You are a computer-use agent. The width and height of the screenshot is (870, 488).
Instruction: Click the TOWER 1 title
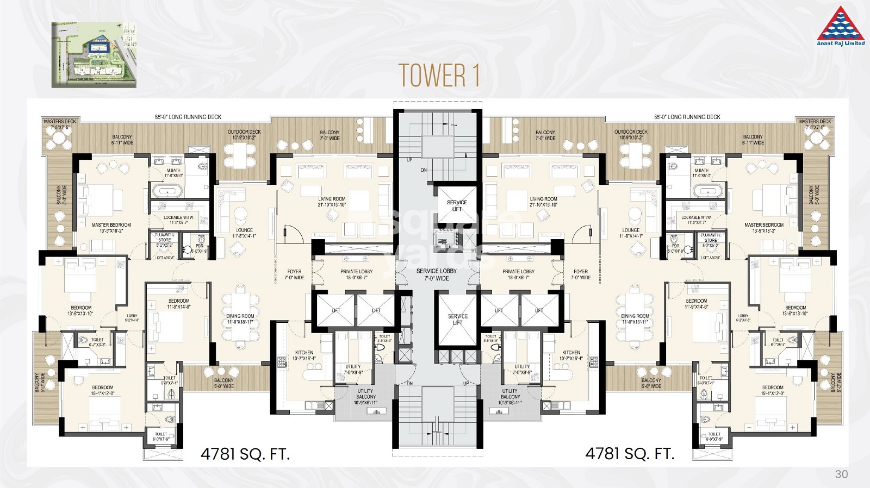click(x=438, y=76)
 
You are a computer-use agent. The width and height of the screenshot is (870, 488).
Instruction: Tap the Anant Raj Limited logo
click(x=841, y=26)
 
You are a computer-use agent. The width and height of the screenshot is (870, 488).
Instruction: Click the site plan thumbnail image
click(x=94, y=55)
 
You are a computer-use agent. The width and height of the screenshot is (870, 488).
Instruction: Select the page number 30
click(x=841, y=474)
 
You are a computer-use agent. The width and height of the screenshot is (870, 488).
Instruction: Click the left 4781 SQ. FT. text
click(x=245, y=454)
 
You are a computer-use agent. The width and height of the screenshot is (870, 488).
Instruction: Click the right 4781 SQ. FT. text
click(x=630, y=454)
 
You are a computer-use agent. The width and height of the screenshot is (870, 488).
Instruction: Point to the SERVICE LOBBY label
click(x=437, y=274)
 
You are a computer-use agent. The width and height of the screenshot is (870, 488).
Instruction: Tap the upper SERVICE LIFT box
click(x=457, y=206)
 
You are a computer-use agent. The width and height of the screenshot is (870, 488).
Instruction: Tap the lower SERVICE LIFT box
click(x=457, y=320)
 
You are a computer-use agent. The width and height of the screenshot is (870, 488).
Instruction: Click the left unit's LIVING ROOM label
click(x=332, y=202)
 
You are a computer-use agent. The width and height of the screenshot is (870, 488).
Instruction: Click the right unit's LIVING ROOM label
click(x=543, y=202)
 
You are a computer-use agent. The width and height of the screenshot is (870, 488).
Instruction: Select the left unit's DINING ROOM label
click(x=240, y=319)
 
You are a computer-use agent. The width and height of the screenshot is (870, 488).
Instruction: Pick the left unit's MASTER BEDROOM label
click(x=111, y=227)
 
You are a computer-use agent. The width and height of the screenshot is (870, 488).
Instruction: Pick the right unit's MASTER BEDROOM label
click(x=763, y=227)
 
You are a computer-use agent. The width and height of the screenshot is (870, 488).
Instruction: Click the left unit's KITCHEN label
click(x=304, y=355)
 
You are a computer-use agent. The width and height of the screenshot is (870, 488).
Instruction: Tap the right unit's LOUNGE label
click(x=631, y=233)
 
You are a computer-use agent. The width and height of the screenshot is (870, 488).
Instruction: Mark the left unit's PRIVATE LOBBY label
click(x=356, y=274)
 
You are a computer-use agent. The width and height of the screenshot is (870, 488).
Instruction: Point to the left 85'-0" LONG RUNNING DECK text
click(x=188, y=117)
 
